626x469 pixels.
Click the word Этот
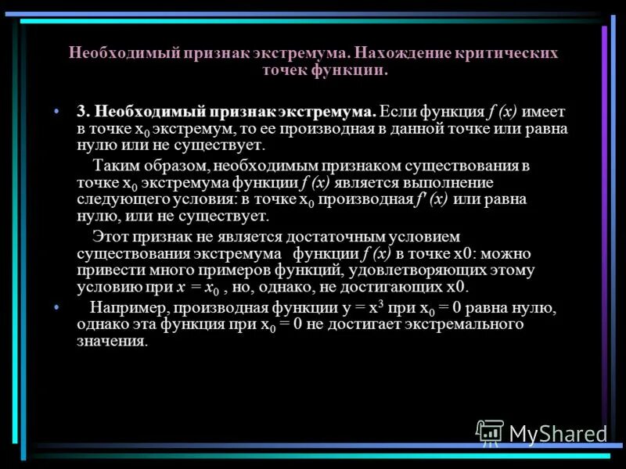click(111, 236)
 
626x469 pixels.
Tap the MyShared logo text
click(558, 433)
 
